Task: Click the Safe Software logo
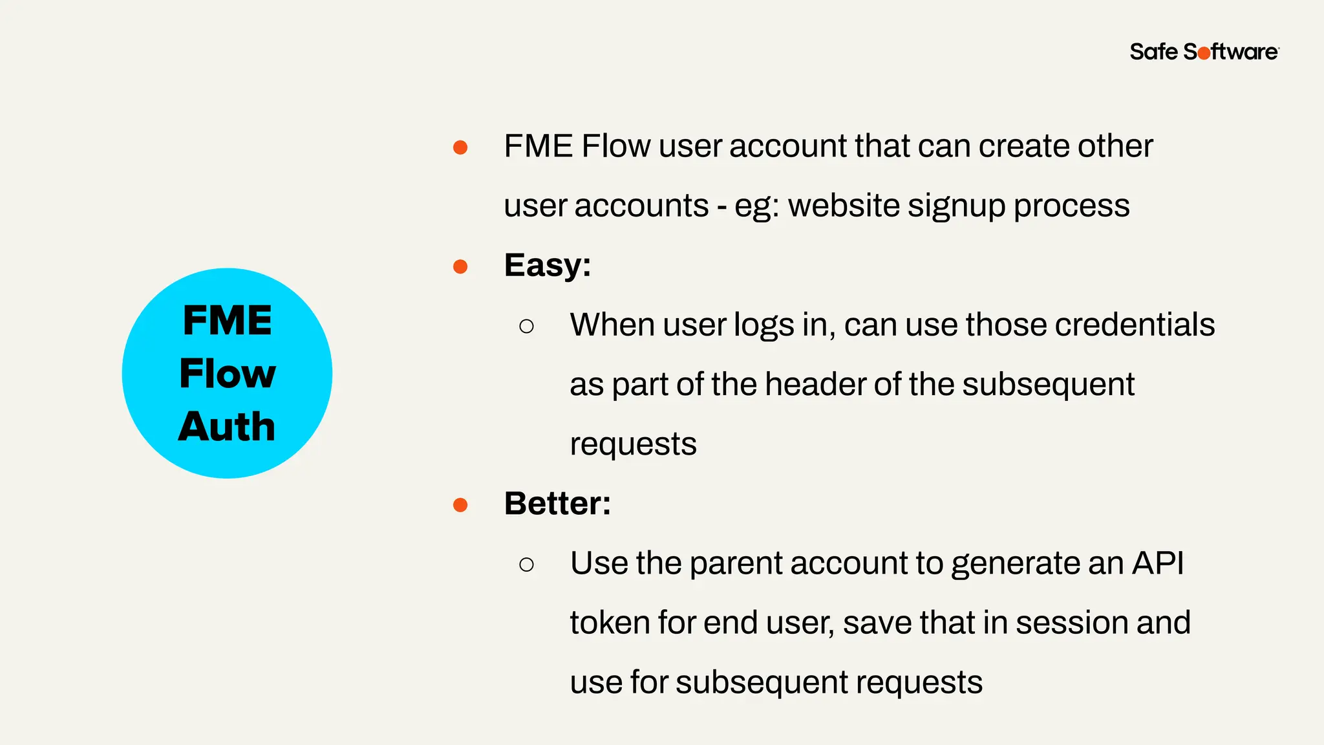tap(1204, 52)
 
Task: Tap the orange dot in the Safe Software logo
tap(1204, 54)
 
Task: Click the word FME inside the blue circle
tap(228, 320)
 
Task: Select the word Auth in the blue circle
tap(227, 427)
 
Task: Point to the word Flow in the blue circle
tap(228, 374)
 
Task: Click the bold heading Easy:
tap(548, 265)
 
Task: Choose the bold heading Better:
tap(557, 504)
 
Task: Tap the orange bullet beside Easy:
tap(460, 266)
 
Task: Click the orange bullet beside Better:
tap(460, 504)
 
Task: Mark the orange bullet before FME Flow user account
tap(460, 147)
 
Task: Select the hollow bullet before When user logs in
tap(526, 326)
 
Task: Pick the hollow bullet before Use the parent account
tap(526, 565)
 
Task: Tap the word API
tap(1158, 563)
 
